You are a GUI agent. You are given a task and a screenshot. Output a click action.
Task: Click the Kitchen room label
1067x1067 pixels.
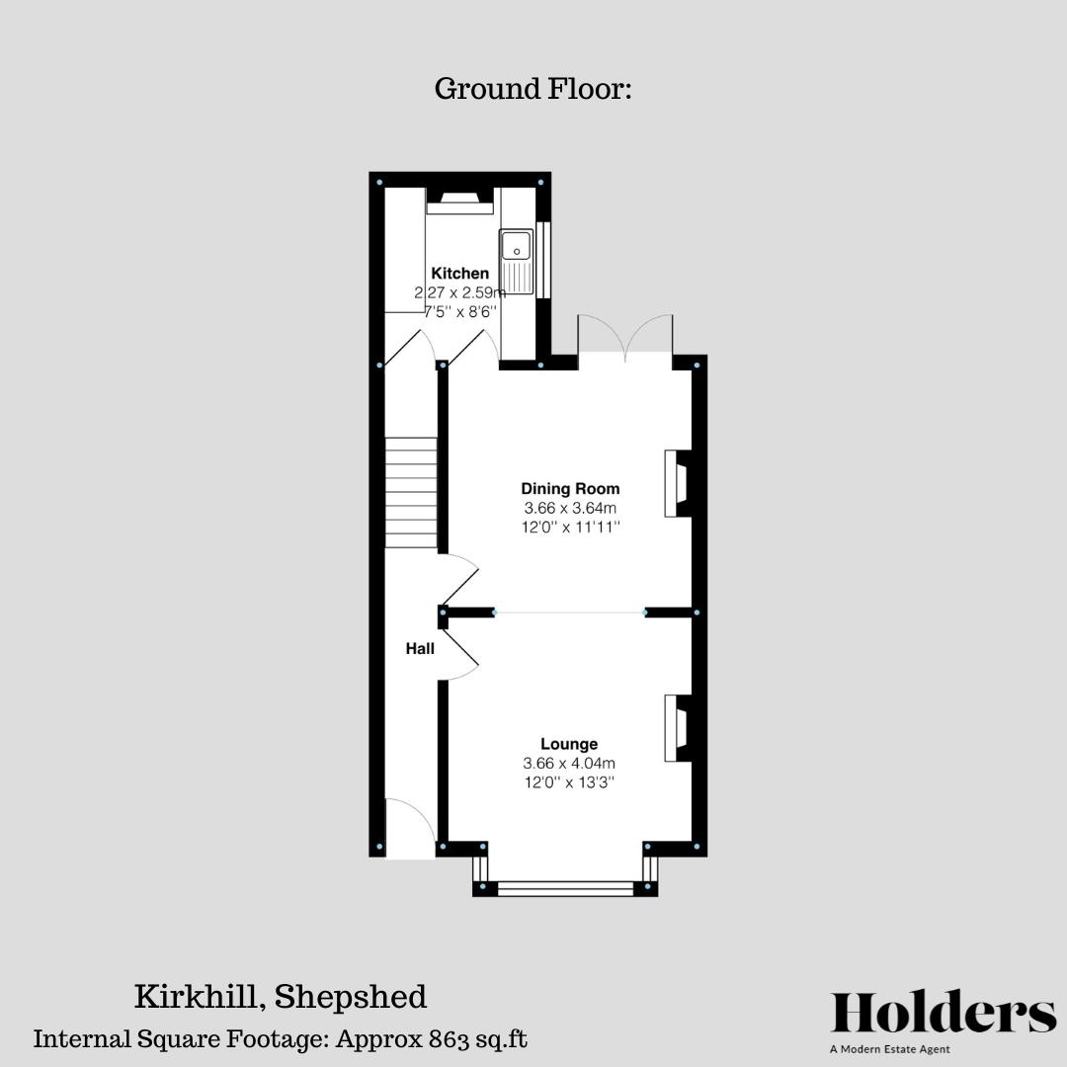459,274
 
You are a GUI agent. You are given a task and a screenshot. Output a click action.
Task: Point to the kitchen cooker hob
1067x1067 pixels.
458,202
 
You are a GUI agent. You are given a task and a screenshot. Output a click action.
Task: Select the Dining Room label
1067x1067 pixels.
571,488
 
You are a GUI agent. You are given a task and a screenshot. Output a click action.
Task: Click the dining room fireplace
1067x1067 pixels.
679,483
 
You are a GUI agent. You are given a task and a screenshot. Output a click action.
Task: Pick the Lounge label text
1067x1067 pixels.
569,744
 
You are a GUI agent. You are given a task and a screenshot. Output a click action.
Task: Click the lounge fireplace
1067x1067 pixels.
679,728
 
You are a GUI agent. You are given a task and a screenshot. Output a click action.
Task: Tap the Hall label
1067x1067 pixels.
420,649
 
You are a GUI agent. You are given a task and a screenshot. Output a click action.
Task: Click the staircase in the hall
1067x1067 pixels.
411,493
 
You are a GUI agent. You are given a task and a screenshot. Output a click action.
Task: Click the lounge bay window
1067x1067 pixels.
565,888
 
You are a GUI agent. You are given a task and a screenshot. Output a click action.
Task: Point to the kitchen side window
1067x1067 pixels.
542,258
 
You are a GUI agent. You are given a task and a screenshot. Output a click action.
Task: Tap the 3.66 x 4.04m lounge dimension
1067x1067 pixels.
569,764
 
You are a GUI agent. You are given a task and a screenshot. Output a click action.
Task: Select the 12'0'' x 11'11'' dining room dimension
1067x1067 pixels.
571,527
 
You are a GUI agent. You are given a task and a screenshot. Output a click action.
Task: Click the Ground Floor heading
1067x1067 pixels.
533,89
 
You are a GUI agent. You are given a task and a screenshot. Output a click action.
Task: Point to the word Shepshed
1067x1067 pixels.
351,997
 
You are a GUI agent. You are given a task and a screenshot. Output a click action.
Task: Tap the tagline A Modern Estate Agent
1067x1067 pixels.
890,1049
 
